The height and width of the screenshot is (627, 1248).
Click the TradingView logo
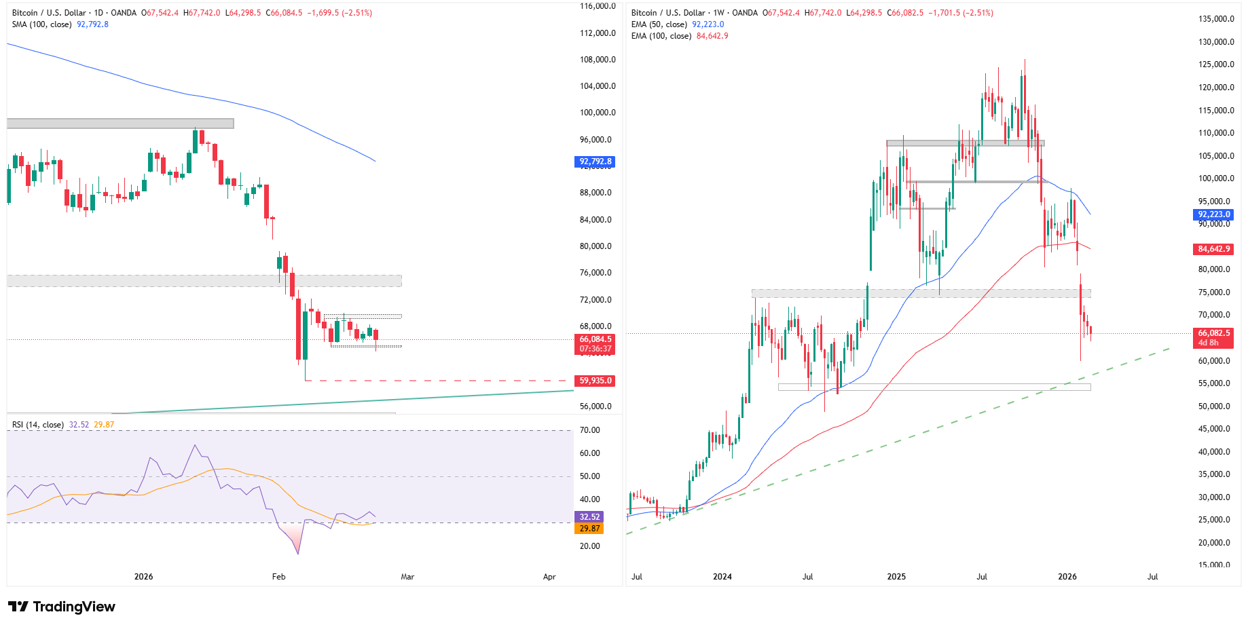[61, 607]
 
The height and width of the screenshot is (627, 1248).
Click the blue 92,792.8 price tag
[595, 161]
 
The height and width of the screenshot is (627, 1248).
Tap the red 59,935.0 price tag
[595, 381]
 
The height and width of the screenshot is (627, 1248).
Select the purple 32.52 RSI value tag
[589, 517]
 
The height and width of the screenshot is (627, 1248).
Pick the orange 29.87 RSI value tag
[589, 529]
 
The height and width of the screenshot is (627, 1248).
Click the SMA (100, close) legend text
[41, 24]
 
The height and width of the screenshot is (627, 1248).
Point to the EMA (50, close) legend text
[659, 24]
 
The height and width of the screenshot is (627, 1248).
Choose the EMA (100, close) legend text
[661, 36]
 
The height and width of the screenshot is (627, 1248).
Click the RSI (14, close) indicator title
[38, 425]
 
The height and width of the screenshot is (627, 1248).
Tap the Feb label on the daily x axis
[278, 577]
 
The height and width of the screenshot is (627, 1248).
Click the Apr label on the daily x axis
[549, 577]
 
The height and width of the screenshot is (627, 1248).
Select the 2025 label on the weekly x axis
[896, 577]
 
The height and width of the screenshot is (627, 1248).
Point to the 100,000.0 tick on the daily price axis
[598, 113]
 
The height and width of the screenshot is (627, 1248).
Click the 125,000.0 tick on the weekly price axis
[1216, 64]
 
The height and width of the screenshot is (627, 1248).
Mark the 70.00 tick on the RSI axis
[589, 430]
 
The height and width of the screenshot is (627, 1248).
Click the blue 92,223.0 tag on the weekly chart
[1213, 214]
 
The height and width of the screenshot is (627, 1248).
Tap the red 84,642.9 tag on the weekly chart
[1213, 249]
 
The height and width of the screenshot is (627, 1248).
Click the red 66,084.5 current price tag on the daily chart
[595, 339]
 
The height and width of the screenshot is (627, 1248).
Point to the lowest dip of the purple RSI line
[297, 554]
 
